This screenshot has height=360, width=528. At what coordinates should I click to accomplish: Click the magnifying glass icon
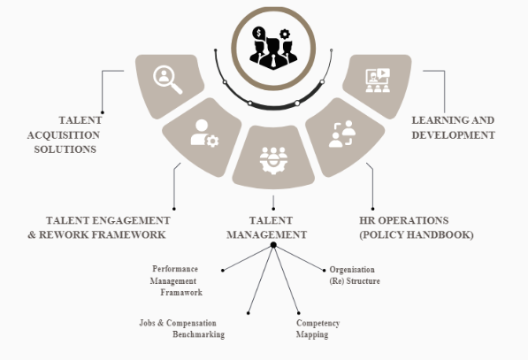pos(168,80)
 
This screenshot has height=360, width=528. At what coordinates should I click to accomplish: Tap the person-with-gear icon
pos(204,134)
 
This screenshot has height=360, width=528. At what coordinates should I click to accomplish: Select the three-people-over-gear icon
pos(273,160)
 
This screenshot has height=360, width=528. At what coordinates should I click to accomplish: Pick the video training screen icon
pos(378,80)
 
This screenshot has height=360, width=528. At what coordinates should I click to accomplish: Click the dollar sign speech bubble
pos(258,34)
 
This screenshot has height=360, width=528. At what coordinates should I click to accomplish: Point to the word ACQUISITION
pos(64,135)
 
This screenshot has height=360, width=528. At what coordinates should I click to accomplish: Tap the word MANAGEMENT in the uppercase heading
pos(267,234)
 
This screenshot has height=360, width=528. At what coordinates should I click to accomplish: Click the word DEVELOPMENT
pos(453,135)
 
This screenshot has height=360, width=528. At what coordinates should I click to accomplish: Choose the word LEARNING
pos(433,120)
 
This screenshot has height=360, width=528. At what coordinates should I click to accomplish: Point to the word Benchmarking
pos(199,334)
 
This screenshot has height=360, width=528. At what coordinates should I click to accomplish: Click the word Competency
pos(318,323)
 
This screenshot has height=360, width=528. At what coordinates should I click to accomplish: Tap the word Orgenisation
pos(352,270)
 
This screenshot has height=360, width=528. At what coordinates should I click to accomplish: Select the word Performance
pos(175,269)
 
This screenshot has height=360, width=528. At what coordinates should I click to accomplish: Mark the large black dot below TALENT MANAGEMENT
pos(273,245)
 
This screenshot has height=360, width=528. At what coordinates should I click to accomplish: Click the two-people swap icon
pos(342,134)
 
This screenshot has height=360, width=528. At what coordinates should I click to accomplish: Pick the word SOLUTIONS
pos(65,149)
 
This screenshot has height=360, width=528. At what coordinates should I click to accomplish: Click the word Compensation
pos(191,324)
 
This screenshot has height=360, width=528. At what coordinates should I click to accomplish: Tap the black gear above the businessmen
pos(285,34)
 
